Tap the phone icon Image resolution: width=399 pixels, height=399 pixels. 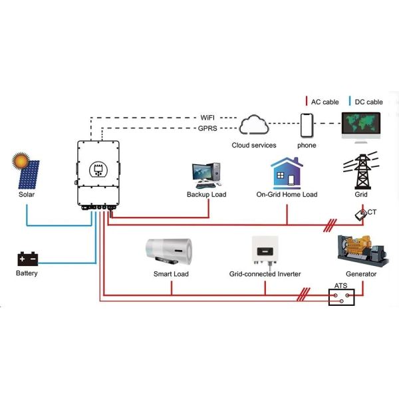[x=307, y=126]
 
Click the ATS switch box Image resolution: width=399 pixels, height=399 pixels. [x=342, y=295]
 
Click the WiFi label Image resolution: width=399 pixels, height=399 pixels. [x=207, y=118]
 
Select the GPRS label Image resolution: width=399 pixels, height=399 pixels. [x=207, y=128]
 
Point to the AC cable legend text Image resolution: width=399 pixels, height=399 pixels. [x=325, y=102]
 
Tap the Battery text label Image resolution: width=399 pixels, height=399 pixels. [x=27, y=273]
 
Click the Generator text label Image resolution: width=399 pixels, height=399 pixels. [x=361, y=274]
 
